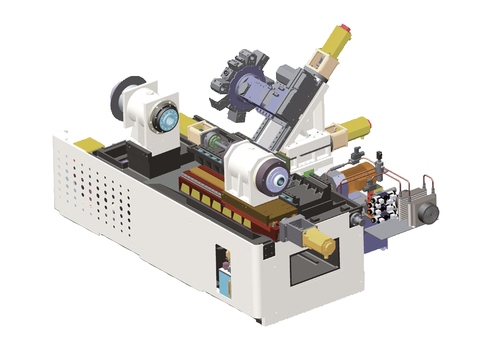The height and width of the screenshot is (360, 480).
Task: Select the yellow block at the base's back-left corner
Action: [x=85, y=143]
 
